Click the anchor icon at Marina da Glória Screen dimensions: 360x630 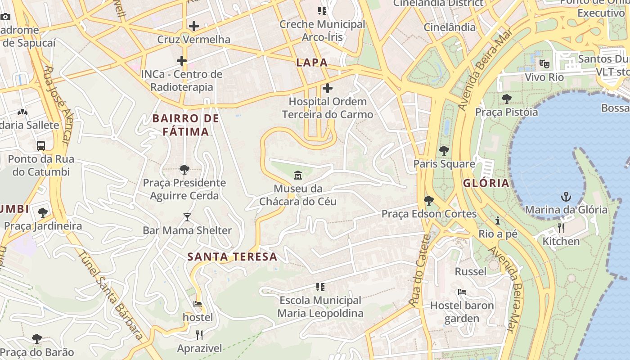click(566, 197)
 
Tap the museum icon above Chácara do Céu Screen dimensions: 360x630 click(297, 175)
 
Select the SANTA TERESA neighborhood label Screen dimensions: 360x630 click(232, 257)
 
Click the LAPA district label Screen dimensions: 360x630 click(312, 63)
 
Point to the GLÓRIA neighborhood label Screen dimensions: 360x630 click(486, 183)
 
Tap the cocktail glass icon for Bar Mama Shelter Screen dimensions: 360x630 click(187, 217)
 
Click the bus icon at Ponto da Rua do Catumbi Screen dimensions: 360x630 click(41, 146)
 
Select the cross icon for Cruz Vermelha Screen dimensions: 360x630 click(194, 26)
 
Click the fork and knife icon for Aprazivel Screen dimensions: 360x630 click(199, 335)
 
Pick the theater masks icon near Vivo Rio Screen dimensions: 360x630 click(544, 64)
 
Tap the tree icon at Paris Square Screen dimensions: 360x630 click(444, 150)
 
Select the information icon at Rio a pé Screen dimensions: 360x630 click(498, 220)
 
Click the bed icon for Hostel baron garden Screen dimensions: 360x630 click(462, 292)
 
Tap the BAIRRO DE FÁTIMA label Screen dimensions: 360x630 click(186, 125)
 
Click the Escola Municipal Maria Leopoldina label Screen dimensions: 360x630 click(320, 306)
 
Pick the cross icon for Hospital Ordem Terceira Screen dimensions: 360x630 click(328, 88)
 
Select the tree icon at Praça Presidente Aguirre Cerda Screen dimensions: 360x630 click(184, 170)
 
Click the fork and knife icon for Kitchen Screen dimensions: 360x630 click(561, 228)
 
